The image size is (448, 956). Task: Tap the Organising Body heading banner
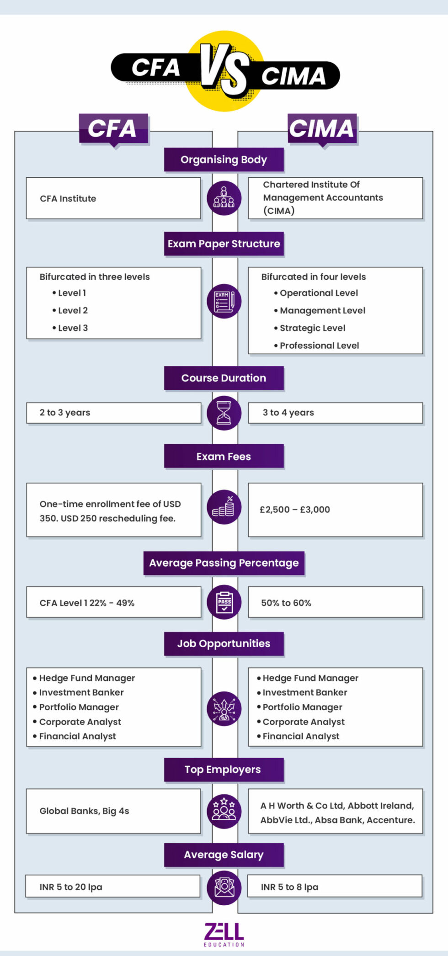pos(224,160)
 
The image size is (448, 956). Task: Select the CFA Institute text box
pos(113,198)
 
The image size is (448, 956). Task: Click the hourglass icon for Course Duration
pos(224,413)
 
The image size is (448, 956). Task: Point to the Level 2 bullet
pos(72,311)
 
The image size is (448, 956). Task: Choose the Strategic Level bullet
pos(312,328)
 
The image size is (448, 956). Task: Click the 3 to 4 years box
pos(335,413)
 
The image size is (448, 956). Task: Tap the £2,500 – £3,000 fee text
pos(295,510)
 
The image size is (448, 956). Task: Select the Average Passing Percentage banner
pos(224,563)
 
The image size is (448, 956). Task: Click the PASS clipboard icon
pos(224,602)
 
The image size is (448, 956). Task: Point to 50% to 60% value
pos(286,603)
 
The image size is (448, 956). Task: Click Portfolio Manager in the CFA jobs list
pos(79,707)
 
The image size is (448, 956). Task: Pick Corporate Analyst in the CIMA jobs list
pos(303,722)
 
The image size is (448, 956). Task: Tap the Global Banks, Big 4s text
pos(84,811)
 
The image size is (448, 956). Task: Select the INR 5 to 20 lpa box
pos(112,887)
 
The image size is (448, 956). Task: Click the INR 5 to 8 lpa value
pos(289,887)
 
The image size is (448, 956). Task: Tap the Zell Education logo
pos(224,934)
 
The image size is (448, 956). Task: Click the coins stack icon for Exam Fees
pos(224,507)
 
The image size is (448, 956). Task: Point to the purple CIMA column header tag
pos(322,129)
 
